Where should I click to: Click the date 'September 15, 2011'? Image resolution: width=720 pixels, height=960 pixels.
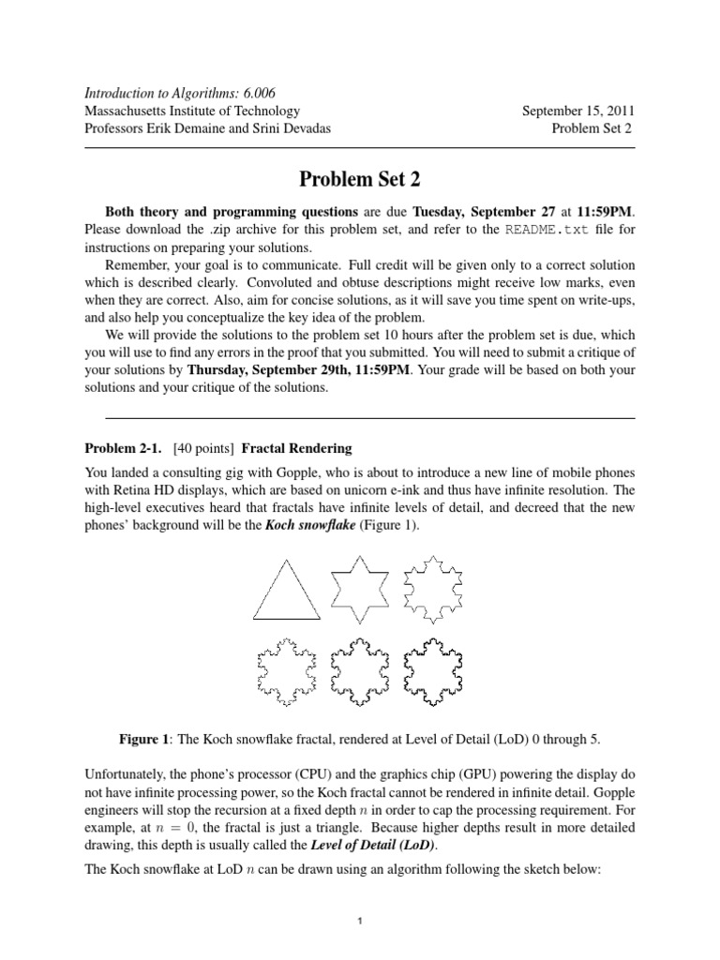click(577, 111)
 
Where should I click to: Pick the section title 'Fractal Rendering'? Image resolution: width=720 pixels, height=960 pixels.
click(297, 447)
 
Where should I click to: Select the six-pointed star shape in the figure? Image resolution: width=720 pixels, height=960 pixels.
click(359, 588)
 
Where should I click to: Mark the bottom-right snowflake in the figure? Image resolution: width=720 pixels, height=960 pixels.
click(435, 671)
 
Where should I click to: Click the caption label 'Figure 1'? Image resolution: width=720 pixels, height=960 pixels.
click(149, 740)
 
